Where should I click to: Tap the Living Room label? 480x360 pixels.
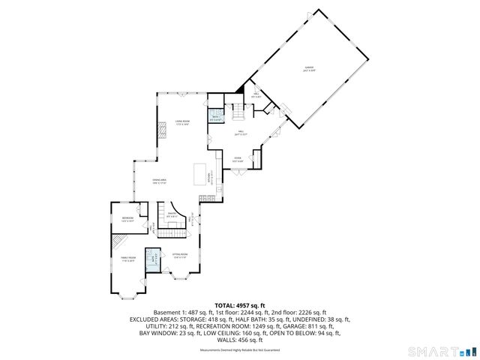coord(182,122)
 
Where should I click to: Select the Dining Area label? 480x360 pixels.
coord(160,181)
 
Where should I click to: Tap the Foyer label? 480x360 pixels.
coord(237,159)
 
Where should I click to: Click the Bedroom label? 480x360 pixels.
coord(128,219)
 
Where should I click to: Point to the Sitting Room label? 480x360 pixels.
coord(180,255)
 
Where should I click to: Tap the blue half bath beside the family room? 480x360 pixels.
coord(153,259)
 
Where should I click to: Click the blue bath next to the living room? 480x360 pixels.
coord(215,118)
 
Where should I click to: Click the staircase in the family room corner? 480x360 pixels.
coord(118,241)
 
